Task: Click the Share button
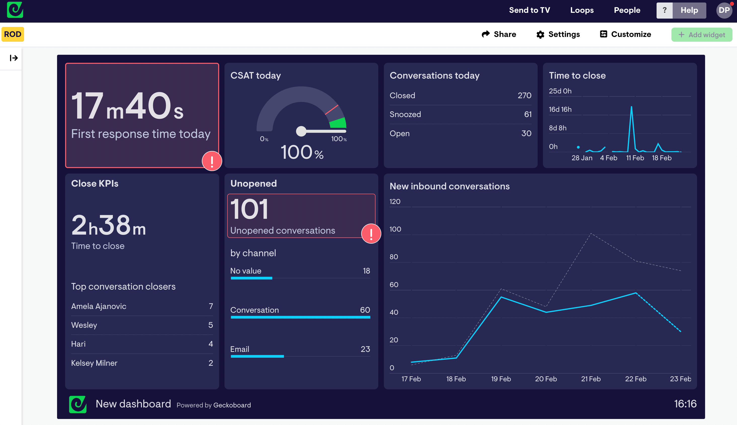(499, 34)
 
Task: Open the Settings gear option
(558, 34)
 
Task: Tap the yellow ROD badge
(13, 34)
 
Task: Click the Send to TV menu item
(529, 10)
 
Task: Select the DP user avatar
(724, 11)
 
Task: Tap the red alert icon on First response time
(212, 161)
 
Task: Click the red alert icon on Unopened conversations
(371, 234)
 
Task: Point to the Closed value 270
(524, 95)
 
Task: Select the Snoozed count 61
(528, 115)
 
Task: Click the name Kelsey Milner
(94, 363)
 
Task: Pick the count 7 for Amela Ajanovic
(211, 306)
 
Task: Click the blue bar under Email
(257, 356)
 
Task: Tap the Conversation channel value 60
(365, 310)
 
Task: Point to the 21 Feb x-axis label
(591, 379)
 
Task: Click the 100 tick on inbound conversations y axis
(395, 229)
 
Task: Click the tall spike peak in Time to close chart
(631, 107)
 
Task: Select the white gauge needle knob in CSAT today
(301, 131)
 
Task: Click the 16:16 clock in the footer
(685, 404)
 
